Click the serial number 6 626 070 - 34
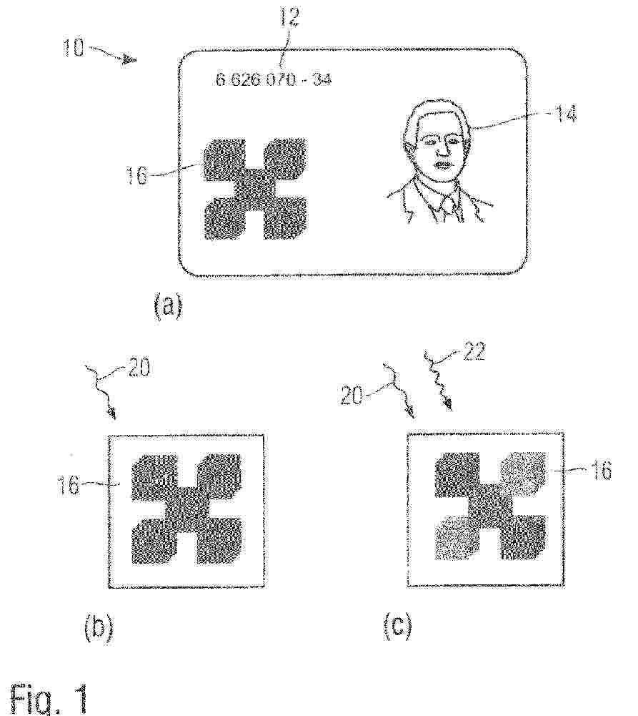pos(274,80)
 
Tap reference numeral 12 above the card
pos(289,17)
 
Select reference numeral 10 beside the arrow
pos(73,47)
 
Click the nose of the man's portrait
pos(442,148)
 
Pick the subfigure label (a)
pos(168,306)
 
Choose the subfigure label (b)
pos(99,629)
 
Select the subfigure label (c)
pos(397,626)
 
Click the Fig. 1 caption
pos(49,698)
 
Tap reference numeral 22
pos(474,352)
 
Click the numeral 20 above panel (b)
pos(139,368)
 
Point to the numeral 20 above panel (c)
pos(352,396)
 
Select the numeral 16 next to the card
pos(137,175)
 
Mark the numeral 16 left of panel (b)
pos(68,485)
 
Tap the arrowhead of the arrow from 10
pos(131,60)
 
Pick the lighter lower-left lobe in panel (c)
pos(459,538)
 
